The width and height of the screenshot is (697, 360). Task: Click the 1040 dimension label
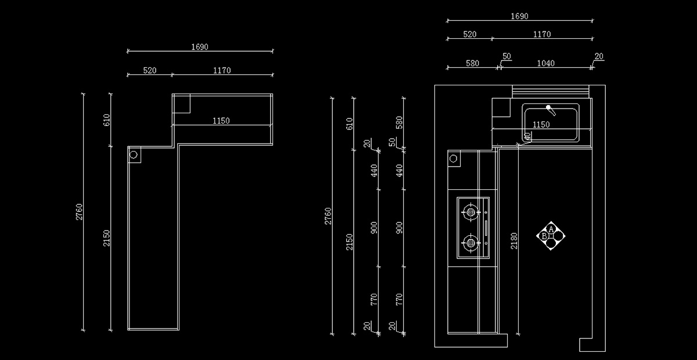coord(546,63)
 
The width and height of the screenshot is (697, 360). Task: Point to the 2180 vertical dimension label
coord(514,241)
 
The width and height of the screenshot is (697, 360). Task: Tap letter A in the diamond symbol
coord(551,229)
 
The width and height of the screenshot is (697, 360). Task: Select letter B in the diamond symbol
coord(544,236)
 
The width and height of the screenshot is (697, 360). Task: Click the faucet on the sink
coord(551,110)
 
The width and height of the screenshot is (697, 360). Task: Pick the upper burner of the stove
coord(471,212)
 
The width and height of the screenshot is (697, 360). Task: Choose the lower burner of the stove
coord(471,243)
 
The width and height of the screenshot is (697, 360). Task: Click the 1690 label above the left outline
coord(199,47)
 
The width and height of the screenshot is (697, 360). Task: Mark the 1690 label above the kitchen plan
coord(519,16)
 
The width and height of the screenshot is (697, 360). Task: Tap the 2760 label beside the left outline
coord(80,212)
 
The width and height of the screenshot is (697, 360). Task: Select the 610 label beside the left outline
coord(106,120)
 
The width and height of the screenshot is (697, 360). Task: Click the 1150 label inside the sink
coord(541,125)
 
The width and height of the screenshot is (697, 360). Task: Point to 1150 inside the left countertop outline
coord(221,121)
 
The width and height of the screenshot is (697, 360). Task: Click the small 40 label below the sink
coord(527,136)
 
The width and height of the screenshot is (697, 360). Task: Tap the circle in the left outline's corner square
coord(134,154)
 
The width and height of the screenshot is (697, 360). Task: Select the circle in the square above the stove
coord(454,159)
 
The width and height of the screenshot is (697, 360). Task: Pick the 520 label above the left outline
coord(150,71)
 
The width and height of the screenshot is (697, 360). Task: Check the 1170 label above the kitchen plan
coord(542,34)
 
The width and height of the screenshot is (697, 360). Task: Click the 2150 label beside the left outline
coord(106,238)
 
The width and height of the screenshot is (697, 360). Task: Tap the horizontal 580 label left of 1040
coord(472,63)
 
